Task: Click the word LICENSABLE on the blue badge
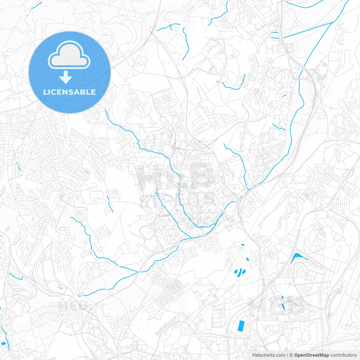point(69,92)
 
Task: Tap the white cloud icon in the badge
point(69,55)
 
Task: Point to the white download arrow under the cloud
point(66,77)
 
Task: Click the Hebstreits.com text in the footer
point(269,355)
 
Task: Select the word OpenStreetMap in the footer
point(311,355)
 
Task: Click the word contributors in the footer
point(343,355)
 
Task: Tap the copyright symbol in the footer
point(291,355)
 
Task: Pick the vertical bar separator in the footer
point(287,355)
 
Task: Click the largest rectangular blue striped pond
point(241,326)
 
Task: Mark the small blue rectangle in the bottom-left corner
point(3,343)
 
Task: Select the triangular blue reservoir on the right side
point(296,257)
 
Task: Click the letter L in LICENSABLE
point(45,92)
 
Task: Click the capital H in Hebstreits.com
point(254,355)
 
